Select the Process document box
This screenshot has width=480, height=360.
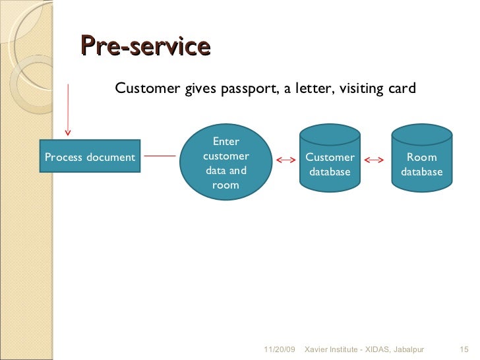(x=90, y=158)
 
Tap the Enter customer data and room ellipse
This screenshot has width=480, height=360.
(x=225, y=163)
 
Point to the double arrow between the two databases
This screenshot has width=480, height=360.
(x=375, y=160)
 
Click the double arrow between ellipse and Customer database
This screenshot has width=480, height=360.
(x=286, y=160)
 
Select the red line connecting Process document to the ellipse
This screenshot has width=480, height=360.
(x=160, y=156)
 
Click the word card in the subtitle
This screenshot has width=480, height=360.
(x=402, y=88)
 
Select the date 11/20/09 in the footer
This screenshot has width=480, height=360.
(x=280, y=348)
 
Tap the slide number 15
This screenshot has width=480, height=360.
(x=462, y=348)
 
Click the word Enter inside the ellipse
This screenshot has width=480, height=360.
(x=225, y=141)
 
